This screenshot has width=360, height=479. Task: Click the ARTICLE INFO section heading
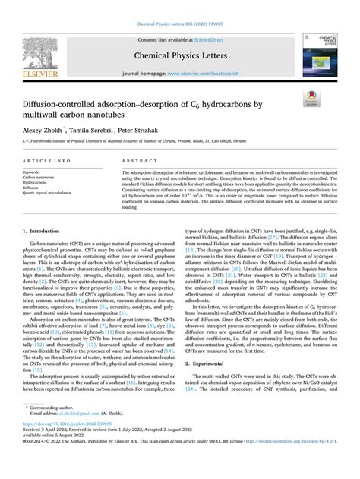pyautogui.click(x=47, y=162)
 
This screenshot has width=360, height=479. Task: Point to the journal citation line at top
pyautogui.click(x=179, y=6)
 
